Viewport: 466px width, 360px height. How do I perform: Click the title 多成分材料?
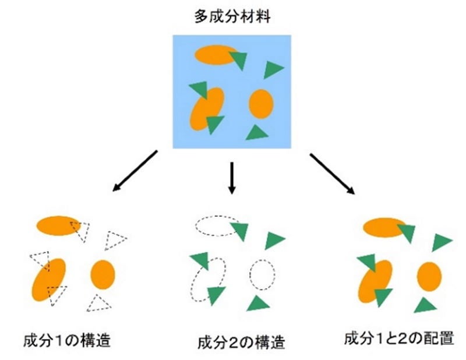[232, 16]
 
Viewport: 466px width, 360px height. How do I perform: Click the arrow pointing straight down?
[232, 178]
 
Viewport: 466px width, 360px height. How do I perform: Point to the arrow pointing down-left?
[135, 171]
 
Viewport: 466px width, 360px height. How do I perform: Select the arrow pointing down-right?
[332, 173]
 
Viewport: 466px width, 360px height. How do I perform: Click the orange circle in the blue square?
[261, 104]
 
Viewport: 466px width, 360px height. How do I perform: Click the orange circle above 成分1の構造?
[103, 274]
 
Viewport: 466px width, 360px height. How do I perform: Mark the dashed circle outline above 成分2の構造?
[262, 274]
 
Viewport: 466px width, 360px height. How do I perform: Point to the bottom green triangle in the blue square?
[257, 133]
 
